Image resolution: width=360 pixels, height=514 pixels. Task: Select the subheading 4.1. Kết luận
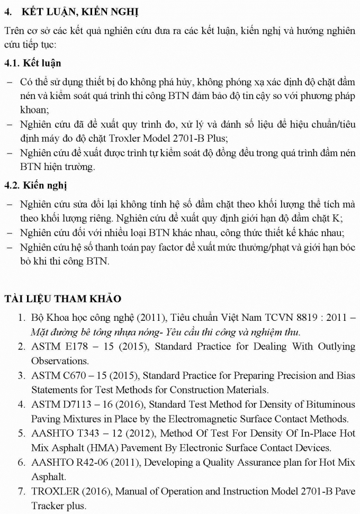click(32, 63)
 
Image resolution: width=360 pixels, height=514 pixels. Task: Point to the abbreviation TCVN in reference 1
click(259, 318)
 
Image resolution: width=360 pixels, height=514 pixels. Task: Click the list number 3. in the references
click(21, 376)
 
